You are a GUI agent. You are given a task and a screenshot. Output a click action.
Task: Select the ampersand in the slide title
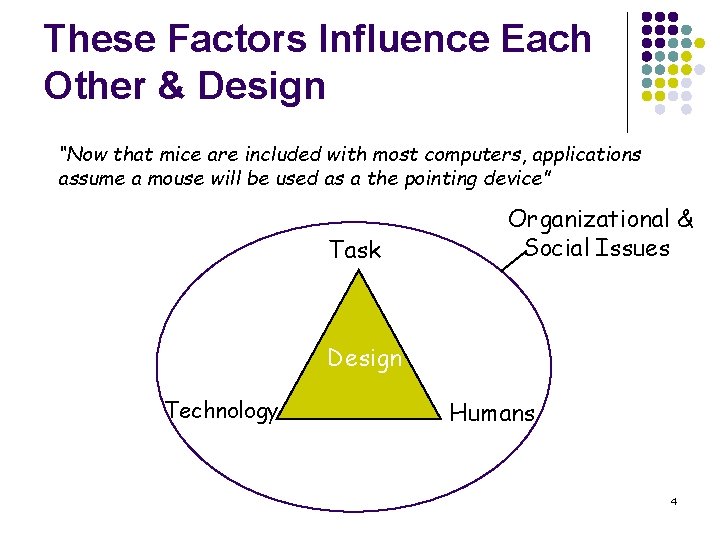[171, 86]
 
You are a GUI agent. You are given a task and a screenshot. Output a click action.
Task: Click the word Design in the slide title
[262, 86]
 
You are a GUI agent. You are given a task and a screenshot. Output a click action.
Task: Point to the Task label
[355, 250]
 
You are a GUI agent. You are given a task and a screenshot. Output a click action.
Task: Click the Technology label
[221, 411]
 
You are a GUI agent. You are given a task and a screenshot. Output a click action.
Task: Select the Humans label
[493, 412]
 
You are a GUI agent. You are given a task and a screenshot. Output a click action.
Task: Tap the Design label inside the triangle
[365, 358]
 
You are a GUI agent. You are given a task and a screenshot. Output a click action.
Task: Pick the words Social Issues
[597, 248]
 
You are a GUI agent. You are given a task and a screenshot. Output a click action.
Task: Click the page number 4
[674, 500]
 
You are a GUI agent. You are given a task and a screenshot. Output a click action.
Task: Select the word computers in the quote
[467, 155]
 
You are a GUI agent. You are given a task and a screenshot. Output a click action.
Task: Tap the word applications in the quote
[589, 155]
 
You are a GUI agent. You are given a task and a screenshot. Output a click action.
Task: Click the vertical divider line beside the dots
[627, 70]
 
